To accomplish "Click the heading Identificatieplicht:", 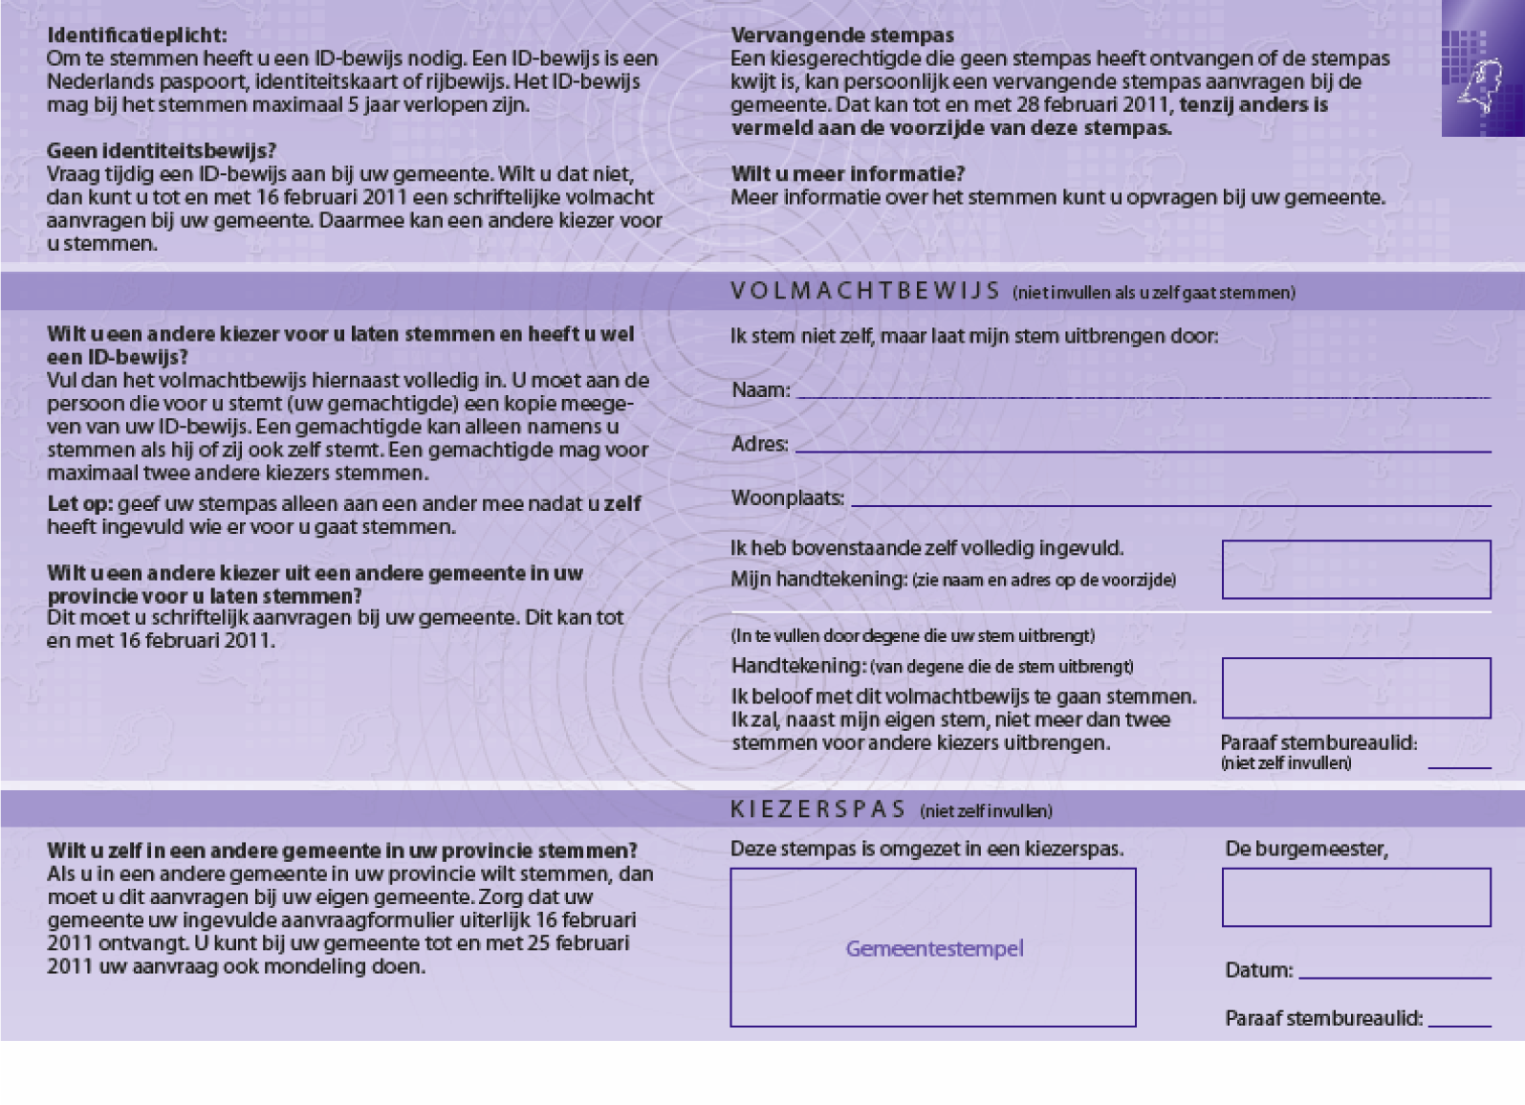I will coord(137,35).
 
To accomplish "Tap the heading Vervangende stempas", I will coord(841,35).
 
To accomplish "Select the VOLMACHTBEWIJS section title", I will coord(864,291).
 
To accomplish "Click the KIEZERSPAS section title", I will coord(817,809).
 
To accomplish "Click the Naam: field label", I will coord(760,390).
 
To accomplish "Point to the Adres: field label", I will coord(759,444).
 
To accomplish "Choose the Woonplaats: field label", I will coord(787,498).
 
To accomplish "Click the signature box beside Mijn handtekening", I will coord(1356,569).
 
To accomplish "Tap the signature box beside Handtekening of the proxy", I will coord(1356,687).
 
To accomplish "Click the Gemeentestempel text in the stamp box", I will coord(934,948).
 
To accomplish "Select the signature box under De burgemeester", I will coord(1356,896).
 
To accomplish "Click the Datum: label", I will coord(1258,970).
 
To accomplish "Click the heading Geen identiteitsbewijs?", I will coord(161,151).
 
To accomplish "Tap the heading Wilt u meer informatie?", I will coord(847,174).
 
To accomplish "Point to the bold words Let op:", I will coord(80,504).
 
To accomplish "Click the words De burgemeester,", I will coord(1306,849).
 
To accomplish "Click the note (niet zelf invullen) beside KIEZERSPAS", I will coord(986,811).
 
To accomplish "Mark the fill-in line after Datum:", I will coord(1394,977).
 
